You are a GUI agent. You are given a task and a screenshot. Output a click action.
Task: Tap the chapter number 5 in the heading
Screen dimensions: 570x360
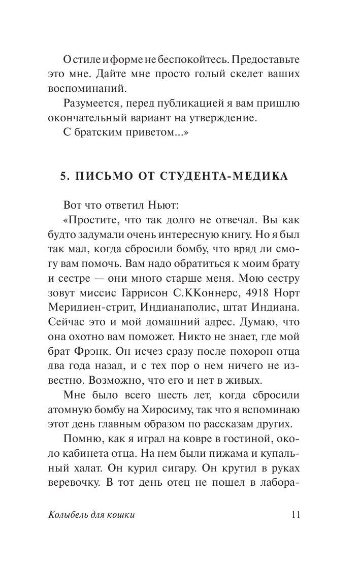[x=63, y=176]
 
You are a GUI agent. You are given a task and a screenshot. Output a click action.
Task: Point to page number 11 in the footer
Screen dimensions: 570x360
[x=297, y=515]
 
